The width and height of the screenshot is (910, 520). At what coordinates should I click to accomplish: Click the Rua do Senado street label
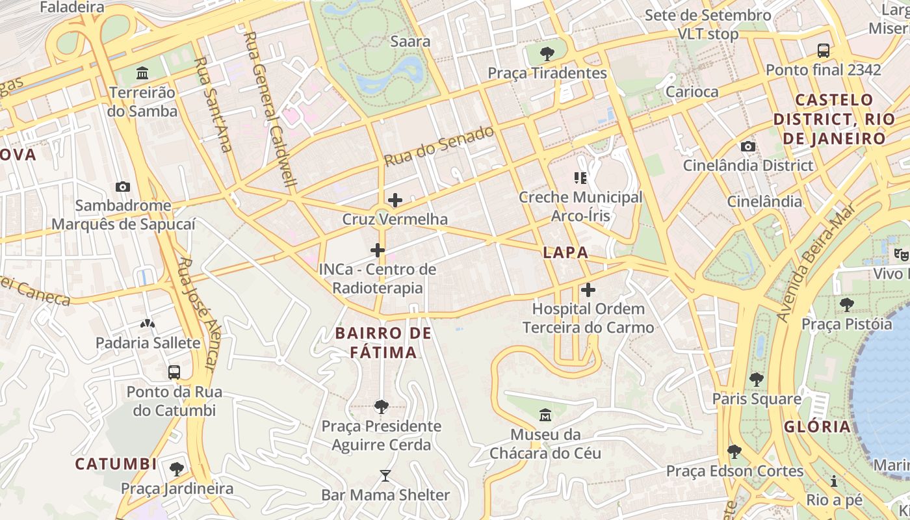[x=439, y=146]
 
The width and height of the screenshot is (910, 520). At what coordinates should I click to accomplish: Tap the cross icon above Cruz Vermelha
[x=395, y=200]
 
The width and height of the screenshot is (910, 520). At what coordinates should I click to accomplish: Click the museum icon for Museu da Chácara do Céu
[x=545, y=415]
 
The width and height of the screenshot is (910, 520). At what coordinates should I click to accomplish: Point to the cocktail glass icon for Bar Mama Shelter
[x=385, y=476]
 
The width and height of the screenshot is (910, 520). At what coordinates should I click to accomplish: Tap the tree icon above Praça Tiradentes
[x=547, y=53]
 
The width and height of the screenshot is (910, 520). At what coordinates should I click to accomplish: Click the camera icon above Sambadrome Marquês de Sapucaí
[x=122, y=187]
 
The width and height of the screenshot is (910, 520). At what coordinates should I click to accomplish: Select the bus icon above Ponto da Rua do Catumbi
[x=174, y=372]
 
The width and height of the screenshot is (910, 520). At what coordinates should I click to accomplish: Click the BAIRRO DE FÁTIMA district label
[x=383, y=343]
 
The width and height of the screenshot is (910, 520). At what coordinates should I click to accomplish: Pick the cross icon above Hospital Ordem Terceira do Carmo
[x=588, y=290]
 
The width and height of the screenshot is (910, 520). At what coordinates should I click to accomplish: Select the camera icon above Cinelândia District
[x=748, y=147]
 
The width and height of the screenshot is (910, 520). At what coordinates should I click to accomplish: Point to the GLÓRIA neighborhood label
[x=817, y=427]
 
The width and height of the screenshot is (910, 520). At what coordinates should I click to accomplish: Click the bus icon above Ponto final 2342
[x=823, y=50]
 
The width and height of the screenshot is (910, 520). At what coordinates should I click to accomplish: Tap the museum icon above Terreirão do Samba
[x=142, y=73]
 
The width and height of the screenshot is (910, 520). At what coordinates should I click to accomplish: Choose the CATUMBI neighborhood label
[x=116, y=464]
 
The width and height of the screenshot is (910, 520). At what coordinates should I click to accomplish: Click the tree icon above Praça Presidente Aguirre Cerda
[x=382, y=407]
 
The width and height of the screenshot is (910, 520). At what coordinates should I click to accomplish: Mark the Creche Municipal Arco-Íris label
[x=580, y=205]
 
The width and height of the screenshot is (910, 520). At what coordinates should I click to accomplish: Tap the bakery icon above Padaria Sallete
[x=148, y=324]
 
